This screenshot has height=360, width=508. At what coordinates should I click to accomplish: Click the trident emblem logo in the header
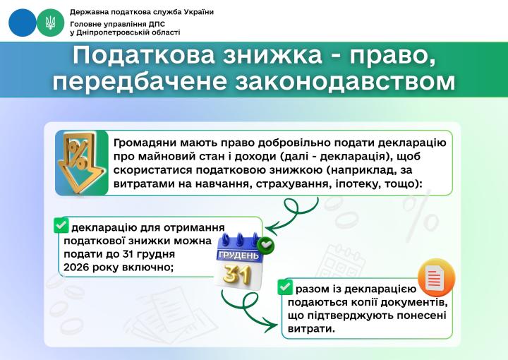[49, 23]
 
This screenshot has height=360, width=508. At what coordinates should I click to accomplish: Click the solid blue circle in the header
[23, 23]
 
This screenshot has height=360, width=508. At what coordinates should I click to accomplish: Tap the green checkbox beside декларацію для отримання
[61, 225]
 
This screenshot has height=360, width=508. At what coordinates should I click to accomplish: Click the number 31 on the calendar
[237, 274]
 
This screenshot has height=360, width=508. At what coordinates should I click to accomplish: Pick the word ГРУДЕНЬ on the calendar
[238, 254]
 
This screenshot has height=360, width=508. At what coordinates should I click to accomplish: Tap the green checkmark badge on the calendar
[266, 246]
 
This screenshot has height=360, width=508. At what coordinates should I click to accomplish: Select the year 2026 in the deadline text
[77, 267]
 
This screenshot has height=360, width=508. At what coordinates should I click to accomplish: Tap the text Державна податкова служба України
[142, 13]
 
